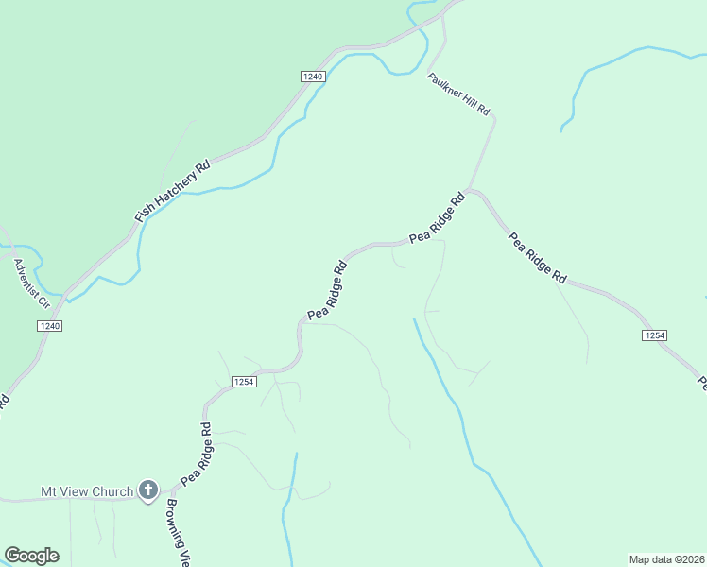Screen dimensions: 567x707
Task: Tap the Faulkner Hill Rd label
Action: tap(458, 94)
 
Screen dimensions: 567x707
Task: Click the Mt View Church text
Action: tap(87, 491)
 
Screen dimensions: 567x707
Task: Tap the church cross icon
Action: tap(147, 490)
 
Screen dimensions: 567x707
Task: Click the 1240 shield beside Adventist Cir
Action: tap(50, 326)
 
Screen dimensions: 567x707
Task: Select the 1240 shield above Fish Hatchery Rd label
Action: tap(314, 77)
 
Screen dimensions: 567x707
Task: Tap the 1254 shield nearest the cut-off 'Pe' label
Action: tap(654, 335)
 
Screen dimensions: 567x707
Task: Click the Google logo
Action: tap(31, 556)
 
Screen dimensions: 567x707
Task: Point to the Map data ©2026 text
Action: tap(666, 558)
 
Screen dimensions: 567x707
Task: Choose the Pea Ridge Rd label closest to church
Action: tap(196, 454)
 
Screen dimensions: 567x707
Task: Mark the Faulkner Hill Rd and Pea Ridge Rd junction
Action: tap(471, 190)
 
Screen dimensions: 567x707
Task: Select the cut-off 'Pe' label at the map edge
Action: tap(702, 383)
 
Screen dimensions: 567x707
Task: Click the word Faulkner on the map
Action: tap(445, 85)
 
